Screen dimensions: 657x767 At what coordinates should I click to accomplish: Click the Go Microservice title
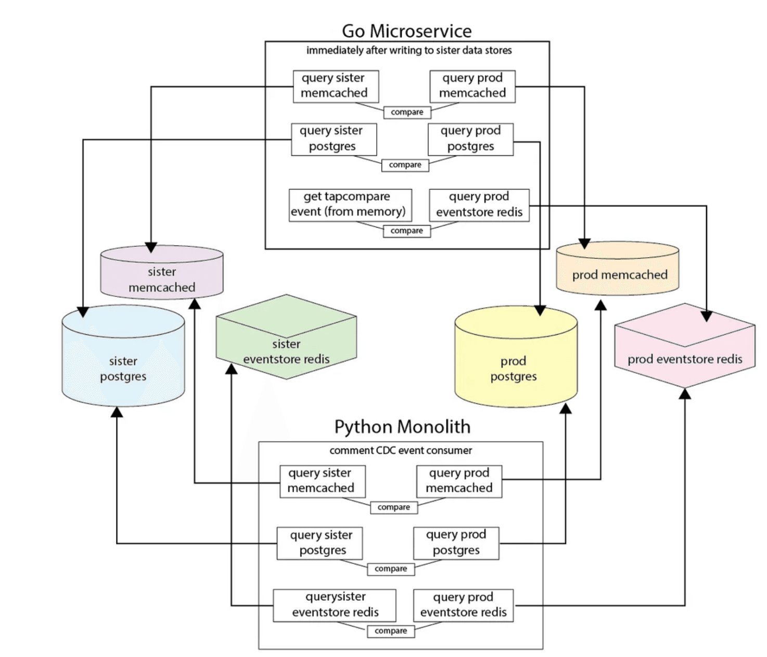[406, 31]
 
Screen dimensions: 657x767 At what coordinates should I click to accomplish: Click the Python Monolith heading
[402, 427]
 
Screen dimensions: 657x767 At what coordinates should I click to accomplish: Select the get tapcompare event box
[350, 204]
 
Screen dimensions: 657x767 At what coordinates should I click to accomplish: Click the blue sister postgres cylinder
[123, 364]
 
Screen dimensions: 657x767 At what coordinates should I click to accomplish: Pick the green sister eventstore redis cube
[286, 343]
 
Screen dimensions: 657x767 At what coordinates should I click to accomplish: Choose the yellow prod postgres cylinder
[516, 364]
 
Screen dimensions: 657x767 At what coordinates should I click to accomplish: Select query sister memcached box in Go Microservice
[336, 86]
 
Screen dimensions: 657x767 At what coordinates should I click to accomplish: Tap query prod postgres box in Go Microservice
[470, 139]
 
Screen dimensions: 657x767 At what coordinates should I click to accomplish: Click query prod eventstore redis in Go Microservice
[479, 204]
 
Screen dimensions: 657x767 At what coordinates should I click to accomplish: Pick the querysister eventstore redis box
[335, 605]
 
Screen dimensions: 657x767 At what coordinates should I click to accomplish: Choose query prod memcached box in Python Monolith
[459, 481]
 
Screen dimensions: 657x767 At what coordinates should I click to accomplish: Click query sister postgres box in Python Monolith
[319, 543]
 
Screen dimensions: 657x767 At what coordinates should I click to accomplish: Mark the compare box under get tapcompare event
[407, 230]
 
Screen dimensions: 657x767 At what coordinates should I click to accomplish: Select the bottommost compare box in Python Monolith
[391, 630]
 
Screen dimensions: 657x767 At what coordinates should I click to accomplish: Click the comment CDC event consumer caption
[401, 450]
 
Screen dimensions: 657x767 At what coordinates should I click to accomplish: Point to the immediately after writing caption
[408, 50]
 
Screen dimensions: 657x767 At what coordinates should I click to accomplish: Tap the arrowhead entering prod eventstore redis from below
[685, 394]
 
